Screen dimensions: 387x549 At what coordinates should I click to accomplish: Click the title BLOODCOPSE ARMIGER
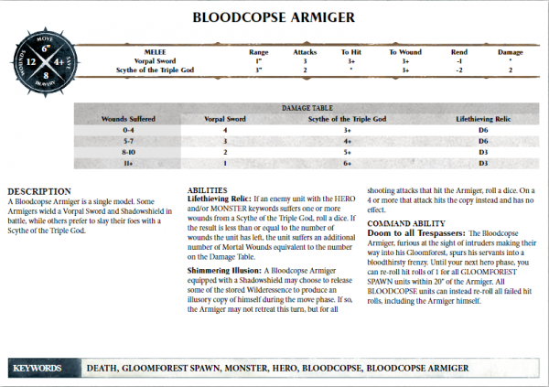coord(274,17)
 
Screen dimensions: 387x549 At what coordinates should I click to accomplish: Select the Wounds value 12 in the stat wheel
coord(33,62)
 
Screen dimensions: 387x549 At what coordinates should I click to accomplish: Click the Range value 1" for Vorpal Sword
coord(259,61)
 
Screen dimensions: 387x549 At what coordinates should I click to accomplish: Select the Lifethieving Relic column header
coord(482,119)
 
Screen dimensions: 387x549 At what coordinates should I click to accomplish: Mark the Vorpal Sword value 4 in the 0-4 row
coord(224,130)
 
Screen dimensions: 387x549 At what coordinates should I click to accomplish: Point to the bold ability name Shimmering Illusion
coord(222,272)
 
